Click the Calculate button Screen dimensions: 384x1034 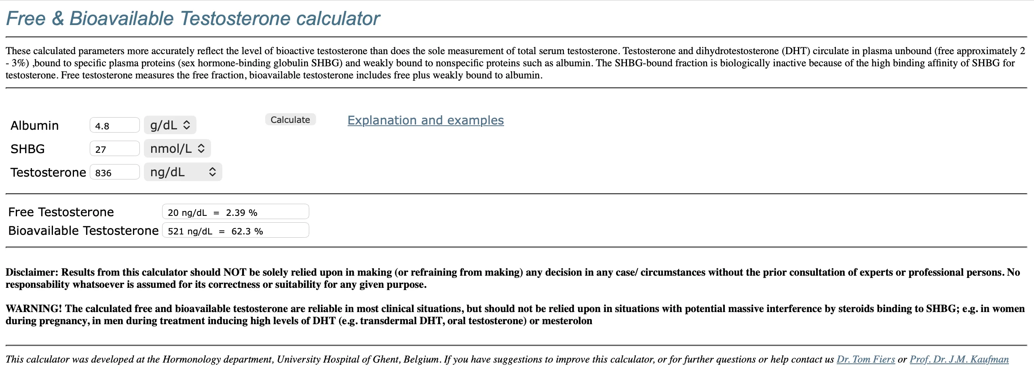[290, 120]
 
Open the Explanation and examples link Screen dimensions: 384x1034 [425, 120]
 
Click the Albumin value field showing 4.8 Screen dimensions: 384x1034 [114, 125]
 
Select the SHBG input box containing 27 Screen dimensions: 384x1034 [114, 149]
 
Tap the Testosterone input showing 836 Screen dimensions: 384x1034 [114, 172]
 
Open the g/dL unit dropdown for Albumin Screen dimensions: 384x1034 [170, 125]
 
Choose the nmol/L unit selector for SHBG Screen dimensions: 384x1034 [177, 148]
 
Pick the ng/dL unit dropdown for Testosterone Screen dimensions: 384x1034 [183, 172]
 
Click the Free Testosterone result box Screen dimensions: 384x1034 [235, 212]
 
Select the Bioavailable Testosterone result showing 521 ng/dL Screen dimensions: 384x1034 [235, 230]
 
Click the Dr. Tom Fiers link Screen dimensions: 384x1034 [865, 359]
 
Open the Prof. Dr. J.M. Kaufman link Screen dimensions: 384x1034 [959, 359]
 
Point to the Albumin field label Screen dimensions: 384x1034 [35, 125]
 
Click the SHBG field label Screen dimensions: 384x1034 [27, 149]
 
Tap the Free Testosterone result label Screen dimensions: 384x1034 [61, 212]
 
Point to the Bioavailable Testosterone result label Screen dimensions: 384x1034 [83, 230]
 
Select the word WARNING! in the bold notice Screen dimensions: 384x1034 [34, 309]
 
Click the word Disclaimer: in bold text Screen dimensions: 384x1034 [32, 272]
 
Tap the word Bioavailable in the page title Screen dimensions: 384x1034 [121, 19]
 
